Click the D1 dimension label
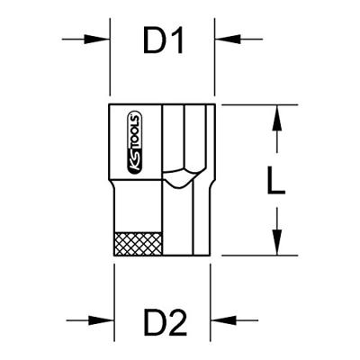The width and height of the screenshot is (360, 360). [x=164, y=40]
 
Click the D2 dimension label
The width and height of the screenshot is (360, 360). [x=166, y=322]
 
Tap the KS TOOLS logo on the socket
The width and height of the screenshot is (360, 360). [x=135, y=143]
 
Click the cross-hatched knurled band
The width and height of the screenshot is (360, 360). [x=139, y=244]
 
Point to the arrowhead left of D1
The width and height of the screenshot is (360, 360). [x=96, y=39]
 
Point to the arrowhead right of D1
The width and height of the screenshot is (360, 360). [x=228, y=39]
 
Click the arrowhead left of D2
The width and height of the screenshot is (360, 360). [x=102, y=320]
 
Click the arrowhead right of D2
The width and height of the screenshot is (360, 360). [x=224, y=320]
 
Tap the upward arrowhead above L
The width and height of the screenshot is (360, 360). [x=277, y=118]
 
